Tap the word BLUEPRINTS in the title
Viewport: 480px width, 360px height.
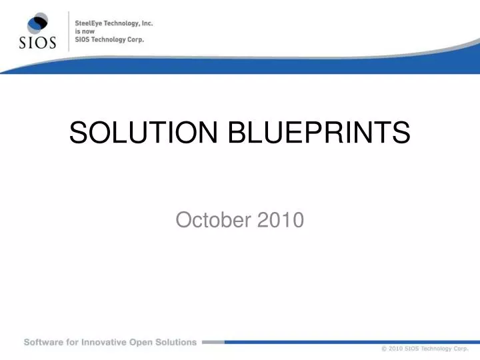[x=319, y=133]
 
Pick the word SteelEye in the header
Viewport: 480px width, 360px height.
[x=89, y=23]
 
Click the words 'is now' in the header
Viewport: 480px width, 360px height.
[x=81, y=31]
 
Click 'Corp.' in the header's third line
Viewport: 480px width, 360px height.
[x=135, y=39]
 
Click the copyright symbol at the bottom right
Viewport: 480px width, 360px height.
[x=384, y=349]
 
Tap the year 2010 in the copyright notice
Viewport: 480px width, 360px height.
[x=396, y=349]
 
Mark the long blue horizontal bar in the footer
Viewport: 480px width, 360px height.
[x=347, y=341]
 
